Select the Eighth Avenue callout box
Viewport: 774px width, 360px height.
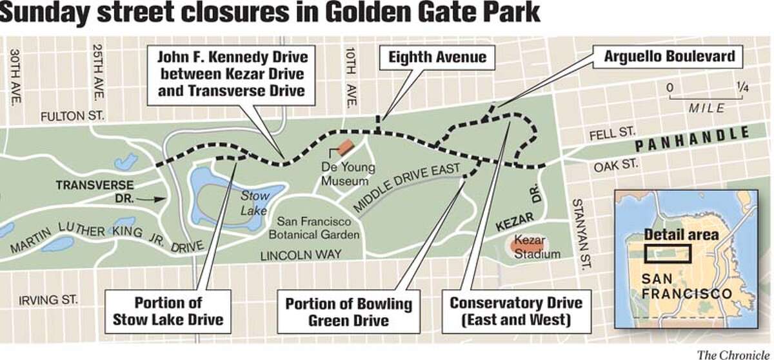click(437, 57)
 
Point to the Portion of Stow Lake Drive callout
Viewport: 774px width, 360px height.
click(168, 310)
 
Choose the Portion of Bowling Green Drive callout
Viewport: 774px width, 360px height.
click(348, 310)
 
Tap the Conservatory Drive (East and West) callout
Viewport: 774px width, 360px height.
click(515, 310)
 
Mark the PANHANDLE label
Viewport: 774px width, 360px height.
click(691, 139)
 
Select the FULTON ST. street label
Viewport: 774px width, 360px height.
click(72, 117)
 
